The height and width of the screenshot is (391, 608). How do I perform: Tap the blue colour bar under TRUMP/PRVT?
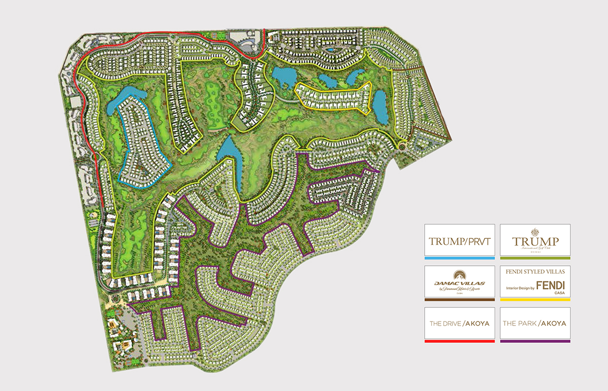coord(459,258)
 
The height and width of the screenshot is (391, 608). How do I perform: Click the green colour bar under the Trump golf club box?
coord(535,258)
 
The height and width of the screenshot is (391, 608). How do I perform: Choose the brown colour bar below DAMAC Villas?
coord(459,300)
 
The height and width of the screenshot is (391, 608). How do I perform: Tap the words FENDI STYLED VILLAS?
coord(535,272)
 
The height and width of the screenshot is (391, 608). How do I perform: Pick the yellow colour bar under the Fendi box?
coord(535,300)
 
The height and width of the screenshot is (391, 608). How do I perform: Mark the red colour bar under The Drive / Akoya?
coord(459,341)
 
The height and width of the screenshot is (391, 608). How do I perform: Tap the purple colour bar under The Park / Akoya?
coord(535,341)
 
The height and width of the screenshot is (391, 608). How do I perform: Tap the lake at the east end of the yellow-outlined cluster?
coord(381,107)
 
